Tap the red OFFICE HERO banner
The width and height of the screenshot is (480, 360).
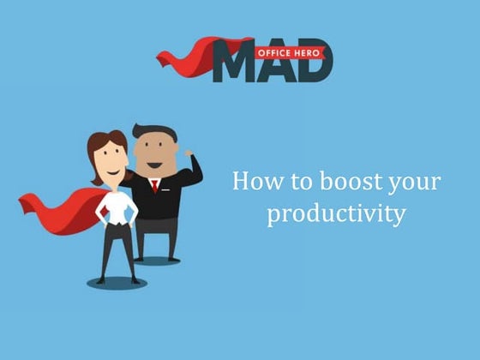[290, 51]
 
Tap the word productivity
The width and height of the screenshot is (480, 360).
[335, 213]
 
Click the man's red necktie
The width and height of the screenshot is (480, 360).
[155, 186]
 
